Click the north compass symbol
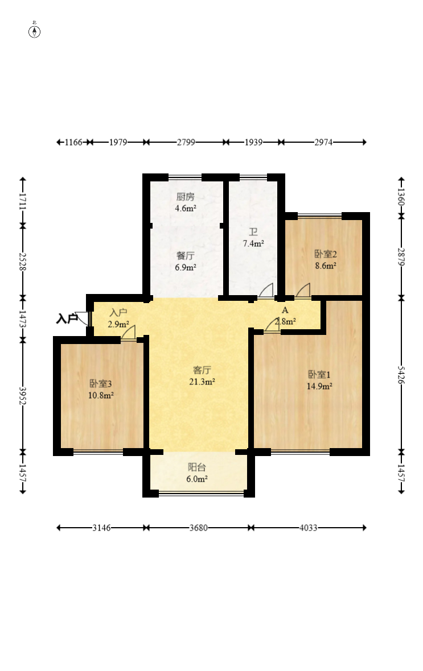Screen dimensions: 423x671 (x=34, y=31)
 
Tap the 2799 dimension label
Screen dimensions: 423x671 (x=186, y=142)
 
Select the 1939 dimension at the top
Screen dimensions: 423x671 (x=253, y=142)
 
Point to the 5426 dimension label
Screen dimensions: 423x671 (x=401, y=374)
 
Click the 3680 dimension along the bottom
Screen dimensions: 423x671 (x=199, y=528)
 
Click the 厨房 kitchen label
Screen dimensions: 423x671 (x=185, y=197)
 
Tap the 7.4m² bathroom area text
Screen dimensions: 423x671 (x=253, y=243)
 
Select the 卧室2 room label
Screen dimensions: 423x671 (x=325, y=254)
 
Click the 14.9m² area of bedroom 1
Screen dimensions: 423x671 (x=319, y=386)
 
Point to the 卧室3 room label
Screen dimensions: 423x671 (x=101, y=384)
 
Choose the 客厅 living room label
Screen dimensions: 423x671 (x=202, y=370)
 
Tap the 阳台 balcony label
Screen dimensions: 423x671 (x=197, y=467)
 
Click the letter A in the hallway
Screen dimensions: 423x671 (x=285, y=310)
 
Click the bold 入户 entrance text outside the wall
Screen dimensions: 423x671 (x=67, y=319)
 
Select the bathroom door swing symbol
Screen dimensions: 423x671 (x=266, y=290)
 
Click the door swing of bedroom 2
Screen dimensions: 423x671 (x=302, y=290)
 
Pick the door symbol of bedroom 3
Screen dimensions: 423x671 (x=129, y=333)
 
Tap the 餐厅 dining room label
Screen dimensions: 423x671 (x=185, y=256)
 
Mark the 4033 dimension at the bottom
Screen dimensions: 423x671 (x=308, y=528)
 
